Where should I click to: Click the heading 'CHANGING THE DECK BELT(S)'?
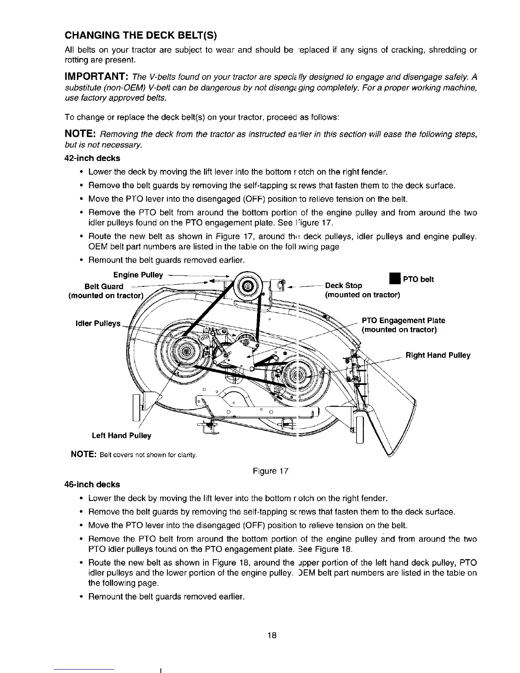pos(141,34)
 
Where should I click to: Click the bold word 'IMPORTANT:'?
pos(94,76)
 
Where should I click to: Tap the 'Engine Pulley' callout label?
pos(138,275)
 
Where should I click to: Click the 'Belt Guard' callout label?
pos(104,286)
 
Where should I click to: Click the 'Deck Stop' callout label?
pos(343,286)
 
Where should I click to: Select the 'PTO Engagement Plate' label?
pos(403,320)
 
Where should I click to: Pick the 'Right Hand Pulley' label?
pos(438,355)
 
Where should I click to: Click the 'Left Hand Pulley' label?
pos(122,435)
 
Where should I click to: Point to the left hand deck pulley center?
pos(184,351)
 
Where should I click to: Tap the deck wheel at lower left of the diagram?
pos(138,407)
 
